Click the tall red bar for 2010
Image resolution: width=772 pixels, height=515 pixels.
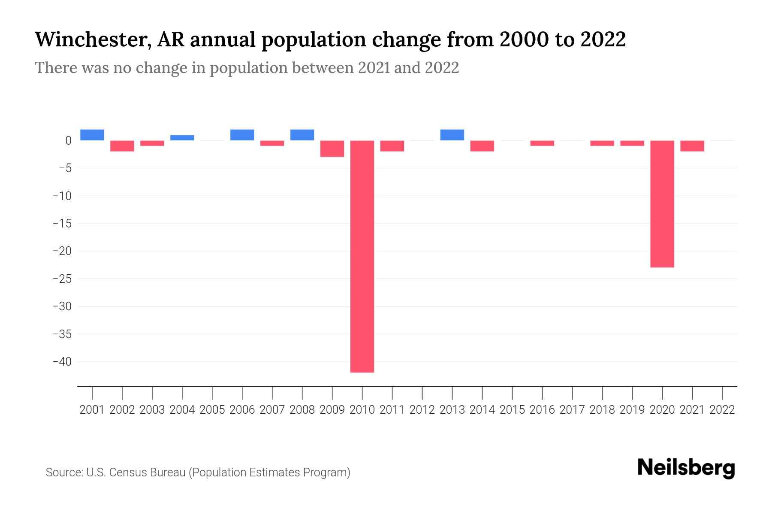pyautogui.click(x=362, y=256)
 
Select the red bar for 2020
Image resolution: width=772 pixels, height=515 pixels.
pyautogui.click(x=662, y=204)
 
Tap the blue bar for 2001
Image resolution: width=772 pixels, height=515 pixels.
pyautogui.click(x=92, y=135)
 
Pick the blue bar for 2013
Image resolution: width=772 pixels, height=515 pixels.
pyautogui.click(x=452, y=135)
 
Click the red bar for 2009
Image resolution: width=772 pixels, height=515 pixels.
pyautogui.click(x=332, y=148)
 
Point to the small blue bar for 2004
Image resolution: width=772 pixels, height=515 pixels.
pyautogui.click(x=182, y=138)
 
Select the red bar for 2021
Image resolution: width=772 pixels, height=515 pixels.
pyautogui.click(x=692, y=146)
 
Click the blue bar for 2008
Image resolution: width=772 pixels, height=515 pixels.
pyautogui.click(x=302, y=135)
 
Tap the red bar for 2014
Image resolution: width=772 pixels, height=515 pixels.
pyautogui.click(x=482, y=146)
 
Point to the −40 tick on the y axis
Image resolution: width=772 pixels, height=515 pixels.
pyautogui.click(x=62, y=361)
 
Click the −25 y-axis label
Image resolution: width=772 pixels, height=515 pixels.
pyautogui.click(x=62, y=279)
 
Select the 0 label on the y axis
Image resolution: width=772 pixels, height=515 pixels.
pyautogui.click(x=68, y=141)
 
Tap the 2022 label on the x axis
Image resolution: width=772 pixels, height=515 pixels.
pyautogui.click(x=722, y=410)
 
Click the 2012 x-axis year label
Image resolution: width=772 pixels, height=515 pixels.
pyautogui.click(x=422, y=410)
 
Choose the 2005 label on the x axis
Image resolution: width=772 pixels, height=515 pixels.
pyautogui.click(x=212, y=410)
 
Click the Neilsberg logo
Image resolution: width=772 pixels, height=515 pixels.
pyautogui.click(x=686, y=468)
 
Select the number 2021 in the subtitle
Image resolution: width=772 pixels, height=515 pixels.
pyautogui.click(x=374, y=68)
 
